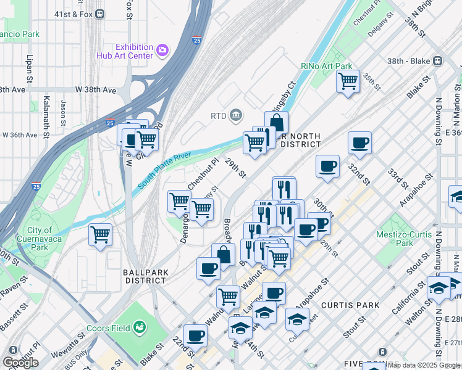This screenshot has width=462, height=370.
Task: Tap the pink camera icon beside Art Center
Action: click(163, 49)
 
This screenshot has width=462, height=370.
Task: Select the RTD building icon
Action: click(236, 115)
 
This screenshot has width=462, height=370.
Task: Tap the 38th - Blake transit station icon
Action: click(438, 61)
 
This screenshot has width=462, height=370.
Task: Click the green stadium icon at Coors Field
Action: click(141, 326)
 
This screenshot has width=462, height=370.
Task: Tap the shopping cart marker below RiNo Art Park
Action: click(348, 80)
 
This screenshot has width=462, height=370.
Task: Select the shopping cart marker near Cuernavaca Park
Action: click(100, 234)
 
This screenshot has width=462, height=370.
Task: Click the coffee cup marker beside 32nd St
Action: click(359, 143)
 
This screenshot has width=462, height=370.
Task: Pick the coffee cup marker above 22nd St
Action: click(196, 335)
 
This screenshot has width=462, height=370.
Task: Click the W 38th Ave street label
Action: click(96, 90)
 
